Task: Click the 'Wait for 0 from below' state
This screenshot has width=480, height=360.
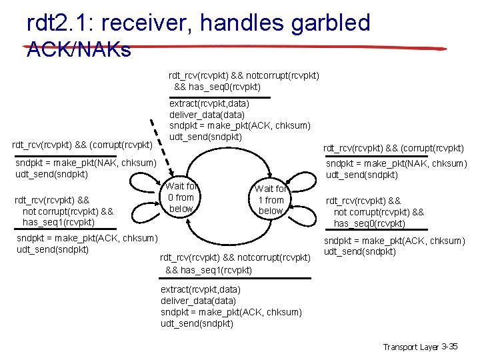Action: pos(181,197)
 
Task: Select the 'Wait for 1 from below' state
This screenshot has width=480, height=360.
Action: pos(271,200)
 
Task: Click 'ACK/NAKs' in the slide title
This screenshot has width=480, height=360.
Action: pos(79,49)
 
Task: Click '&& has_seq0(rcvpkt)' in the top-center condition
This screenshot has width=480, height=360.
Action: pos(217,87)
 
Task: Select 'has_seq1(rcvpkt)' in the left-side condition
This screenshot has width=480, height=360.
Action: pos(59,222)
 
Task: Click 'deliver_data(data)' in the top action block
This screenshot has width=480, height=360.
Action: pos(207,115)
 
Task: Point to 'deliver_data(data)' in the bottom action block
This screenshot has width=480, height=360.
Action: pos(198,301)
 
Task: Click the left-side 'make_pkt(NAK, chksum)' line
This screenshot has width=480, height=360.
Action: pos(85,163)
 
